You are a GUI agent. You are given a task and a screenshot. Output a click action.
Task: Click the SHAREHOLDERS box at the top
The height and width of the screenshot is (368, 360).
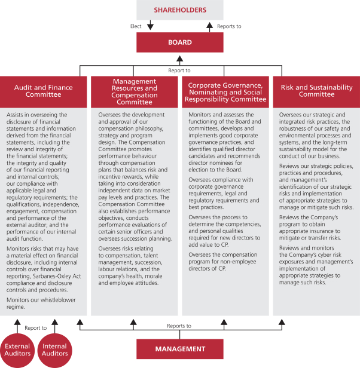click(180, 10)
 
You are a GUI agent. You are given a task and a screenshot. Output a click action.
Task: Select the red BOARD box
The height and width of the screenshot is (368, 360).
click(180, 42)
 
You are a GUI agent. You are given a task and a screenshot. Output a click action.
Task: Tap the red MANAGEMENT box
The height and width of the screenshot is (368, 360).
click(180, 348)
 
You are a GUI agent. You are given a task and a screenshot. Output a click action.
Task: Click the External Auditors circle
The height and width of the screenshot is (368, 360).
click(18, 351)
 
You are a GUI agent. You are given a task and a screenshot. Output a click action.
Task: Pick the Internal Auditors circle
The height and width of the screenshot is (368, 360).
click(54, 351)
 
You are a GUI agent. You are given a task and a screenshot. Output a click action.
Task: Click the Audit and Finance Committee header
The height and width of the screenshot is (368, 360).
click(44, 91)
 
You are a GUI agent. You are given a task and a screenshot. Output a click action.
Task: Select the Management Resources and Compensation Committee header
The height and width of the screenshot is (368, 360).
click(135, 91)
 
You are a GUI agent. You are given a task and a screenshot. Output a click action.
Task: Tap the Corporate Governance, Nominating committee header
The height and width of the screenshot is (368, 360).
click(227, 91)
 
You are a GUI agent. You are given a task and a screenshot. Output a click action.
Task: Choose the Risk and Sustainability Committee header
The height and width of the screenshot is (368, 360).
click(316, 91)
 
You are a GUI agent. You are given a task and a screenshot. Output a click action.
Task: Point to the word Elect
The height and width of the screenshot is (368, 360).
click(136, 26)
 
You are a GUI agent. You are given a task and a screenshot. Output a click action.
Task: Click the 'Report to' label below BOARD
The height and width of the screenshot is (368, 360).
click(180, 69)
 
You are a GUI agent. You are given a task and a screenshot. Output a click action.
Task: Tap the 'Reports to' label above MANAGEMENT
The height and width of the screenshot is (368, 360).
click(180, 326)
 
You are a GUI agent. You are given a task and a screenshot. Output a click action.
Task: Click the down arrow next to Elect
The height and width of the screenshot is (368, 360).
click(150, 26)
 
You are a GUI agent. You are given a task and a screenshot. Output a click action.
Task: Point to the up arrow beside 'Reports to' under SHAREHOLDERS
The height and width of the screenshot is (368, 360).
click(210, 26)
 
